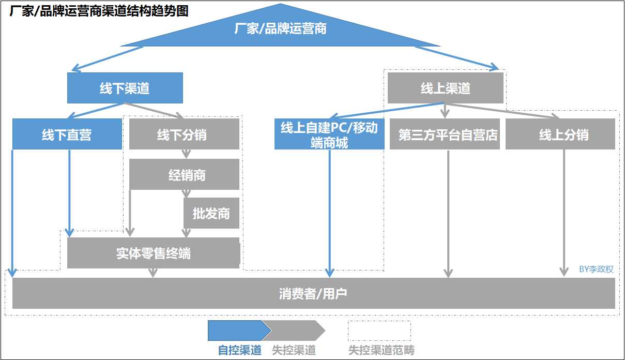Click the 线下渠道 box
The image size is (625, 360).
pyautogui.click(x=125, y=88)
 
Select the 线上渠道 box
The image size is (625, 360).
pyautogui.click(x=445, y=88)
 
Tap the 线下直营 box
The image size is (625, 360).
pyautogui.click(x=67, y=134)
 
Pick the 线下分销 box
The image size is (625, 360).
pyautogui.click(x=184, y=134)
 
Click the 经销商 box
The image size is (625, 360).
pyautogui.click(x=184, y=174)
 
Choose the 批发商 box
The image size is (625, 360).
pyautogui.click(x=211, y=213)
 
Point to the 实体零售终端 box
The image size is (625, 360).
pyautogui.click(x=153, y=253)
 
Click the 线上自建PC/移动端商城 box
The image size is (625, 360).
pyautogui.click(x=329, y=134)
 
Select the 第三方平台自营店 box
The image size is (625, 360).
pyautogui.click(x=445, y=134)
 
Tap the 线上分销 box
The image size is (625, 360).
pyautogui.click(x=560, y=134)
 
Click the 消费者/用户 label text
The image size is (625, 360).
pyautogui.click(x=313, y=294)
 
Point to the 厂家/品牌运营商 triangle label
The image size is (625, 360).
pyautogui.click(x=280, y=28)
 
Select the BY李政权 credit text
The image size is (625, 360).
pyautogui.click(x=596, y=269)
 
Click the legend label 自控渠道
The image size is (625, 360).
pyautogui.click(x=240, y=350)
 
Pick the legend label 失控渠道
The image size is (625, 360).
pyautogui.click(x=294, y=350)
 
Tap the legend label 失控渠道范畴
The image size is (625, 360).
pyautogui.click(x=381, y=350)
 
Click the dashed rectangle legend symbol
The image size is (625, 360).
pyautogui.click(x=379, y=331)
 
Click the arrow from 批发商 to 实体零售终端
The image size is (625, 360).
pyautogui.click(x=187, y=233)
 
